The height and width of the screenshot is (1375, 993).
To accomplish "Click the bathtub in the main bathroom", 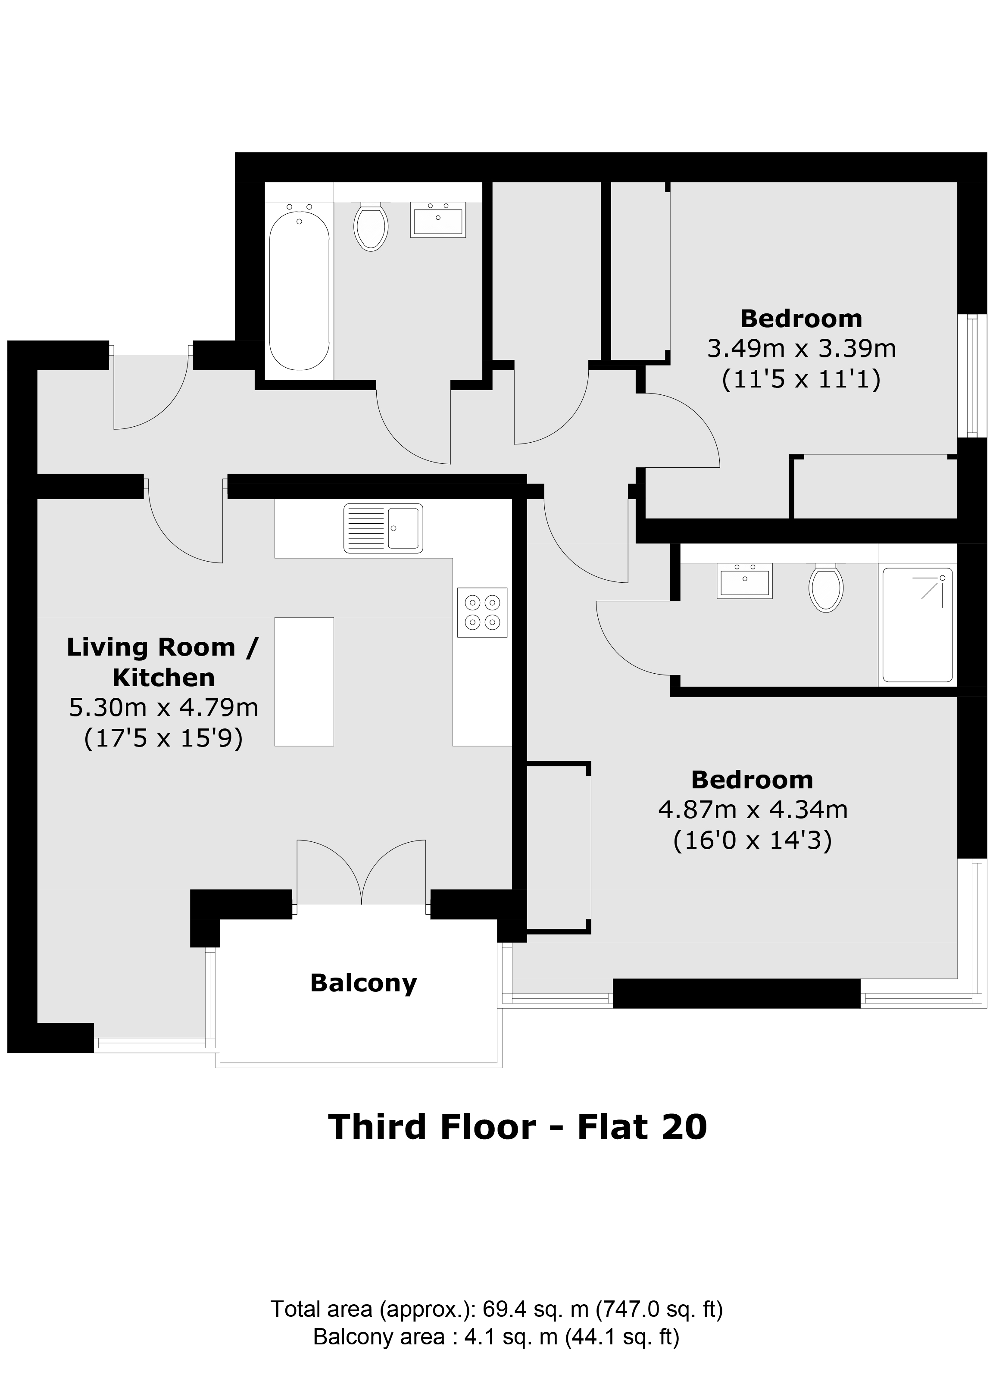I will (x=300, y=291).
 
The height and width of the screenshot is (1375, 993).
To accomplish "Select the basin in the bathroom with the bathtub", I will (x=438, y=219).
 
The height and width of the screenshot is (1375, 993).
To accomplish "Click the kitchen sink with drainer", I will (x=383, y=528).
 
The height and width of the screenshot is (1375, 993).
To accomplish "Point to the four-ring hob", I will (x=482, y=612).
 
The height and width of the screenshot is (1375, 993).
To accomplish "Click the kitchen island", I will (x=304, y=681).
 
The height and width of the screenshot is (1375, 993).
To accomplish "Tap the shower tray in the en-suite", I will (x=917, y=625).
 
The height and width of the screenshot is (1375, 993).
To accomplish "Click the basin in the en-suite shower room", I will (x=744, y=581).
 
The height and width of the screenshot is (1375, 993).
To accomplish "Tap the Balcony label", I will (x=364, y=983).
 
